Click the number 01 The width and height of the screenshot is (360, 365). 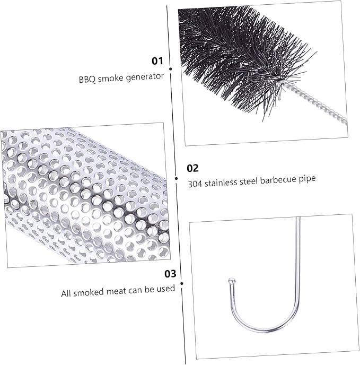tap(157, 61)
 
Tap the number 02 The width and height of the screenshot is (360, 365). tap(192, 168)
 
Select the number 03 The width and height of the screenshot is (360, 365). tap(170, 274)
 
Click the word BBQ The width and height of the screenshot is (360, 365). tap(87, 80)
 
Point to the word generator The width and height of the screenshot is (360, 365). tap(145, 77)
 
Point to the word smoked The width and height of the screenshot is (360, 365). tap(89, 292)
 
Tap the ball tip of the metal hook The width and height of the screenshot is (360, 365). tap(232, 280)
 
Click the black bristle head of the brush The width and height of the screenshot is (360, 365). tap(240, 54)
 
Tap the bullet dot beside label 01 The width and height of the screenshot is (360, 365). tap(171, 69)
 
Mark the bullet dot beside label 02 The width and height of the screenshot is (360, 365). tap(176, 179)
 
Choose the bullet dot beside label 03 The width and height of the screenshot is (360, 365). tap(182, 283)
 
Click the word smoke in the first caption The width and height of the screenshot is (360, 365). tap(111, 79)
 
